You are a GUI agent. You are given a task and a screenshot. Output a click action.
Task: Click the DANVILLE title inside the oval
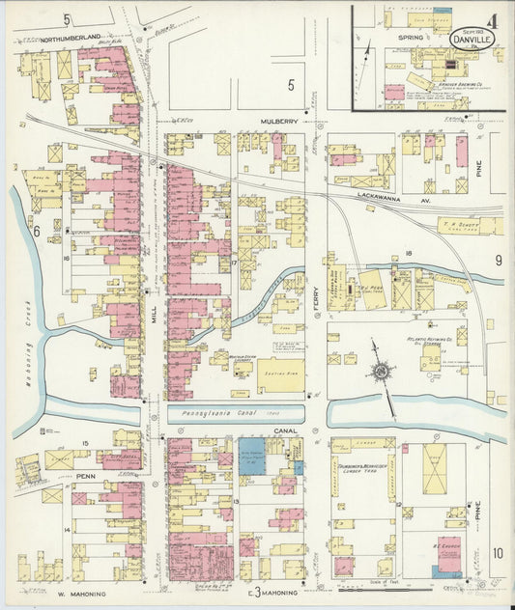[x=471, y=40]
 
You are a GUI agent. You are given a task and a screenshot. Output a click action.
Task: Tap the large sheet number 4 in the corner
[x=494, y=17]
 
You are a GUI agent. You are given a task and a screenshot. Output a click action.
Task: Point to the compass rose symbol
[x=383, y=372]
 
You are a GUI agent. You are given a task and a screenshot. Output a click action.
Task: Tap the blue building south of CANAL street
[x=251, y=454]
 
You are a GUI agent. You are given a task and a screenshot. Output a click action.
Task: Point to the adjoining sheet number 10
[x=497, y=553]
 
